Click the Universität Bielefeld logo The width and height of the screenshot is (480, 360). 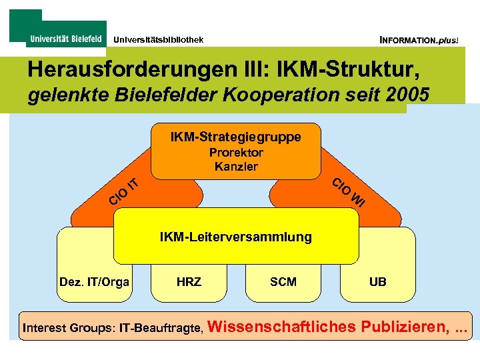tap(65, 39)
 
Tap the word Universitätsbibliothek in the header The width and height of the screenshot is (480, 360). tap(158, 40)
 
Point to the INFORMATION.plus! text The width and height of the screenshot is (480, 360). tap(419, 40)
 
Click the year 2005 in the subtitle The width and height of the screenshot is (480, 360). tap(407, 95)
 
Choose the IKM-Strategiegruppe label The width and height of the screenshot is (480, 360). tap(235, 137)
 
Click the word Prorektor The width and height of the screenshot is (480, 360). tap(236, 153)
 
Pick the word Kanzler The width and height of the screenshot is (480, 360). tap(236, 167)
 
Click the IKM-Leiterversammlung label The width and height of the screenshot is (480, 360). tap(235, 237)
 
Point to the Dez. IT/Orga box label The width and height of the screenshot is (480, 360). tap(94, 282)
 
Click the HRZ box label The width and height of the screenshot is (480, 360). tap(189, 282)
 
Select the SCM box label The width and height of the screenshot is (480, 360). tap(283, 282)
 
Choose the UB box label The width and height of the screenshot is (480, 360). tap(377, 282)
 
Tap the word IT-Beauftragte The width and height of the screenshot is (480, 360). tap(161, 328)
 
